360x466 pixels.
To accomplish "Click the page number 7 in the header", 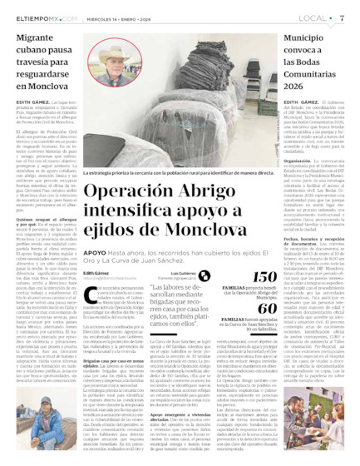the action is coord(342,17).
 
